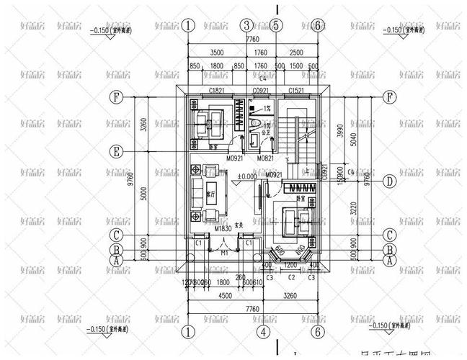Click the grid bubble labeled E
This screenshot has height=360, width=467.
coord(115,151)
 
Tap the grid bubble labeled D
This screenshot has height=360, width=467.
coord(389,181)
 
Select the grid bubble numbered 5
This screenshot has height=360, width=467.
coord(276,25)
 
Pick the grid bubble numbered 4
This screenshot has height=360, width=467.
coord(264,332)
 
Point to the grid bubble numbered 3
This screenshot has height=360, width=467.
coord(246,25)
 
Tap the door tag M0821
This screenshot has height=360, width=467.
coord(264,157)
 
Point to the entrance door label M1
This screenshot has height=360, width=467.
coord(225,253)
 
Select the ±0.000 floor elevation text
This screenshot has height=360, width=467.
coord(247,176)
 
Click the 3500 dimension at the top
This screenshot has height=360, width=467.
coord(214,53)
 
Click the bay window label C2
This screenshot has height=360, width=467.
coord(293,276)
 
